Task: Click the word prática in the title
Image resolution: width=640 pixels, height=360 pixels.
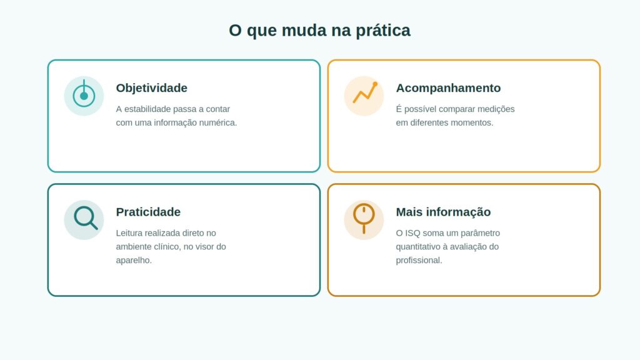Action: tap(383, 31)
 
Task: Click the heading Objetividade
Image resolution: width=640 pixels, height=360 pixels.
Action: tap(151, 87)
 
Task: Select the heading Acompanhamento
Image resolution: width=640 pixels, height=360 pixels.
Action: tap(448, 87)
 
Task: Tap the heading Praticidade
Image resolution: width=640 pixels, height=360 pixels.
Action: tap(148, 212)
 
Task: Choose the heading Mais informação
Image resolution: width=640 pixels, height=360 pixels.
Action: tap(443, 212)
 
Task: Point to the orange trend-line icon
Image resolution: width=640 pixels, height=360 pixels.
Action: tap(365, 92)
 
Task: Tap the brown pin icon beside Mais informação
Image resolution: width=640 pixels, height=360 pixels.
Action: tap(364, 218)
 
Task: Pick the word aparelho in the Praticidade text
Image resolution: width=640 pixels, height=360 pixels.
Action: tap(134, 260)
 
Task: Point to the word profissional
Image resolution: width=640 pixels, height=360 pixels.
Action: tap(419, 260)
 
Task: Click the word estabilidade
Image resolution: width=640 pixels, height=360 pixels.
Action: tap(147, 109)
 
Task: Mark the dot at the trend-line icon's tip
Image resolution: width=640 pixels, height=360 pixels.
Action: tap(375, 84)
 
